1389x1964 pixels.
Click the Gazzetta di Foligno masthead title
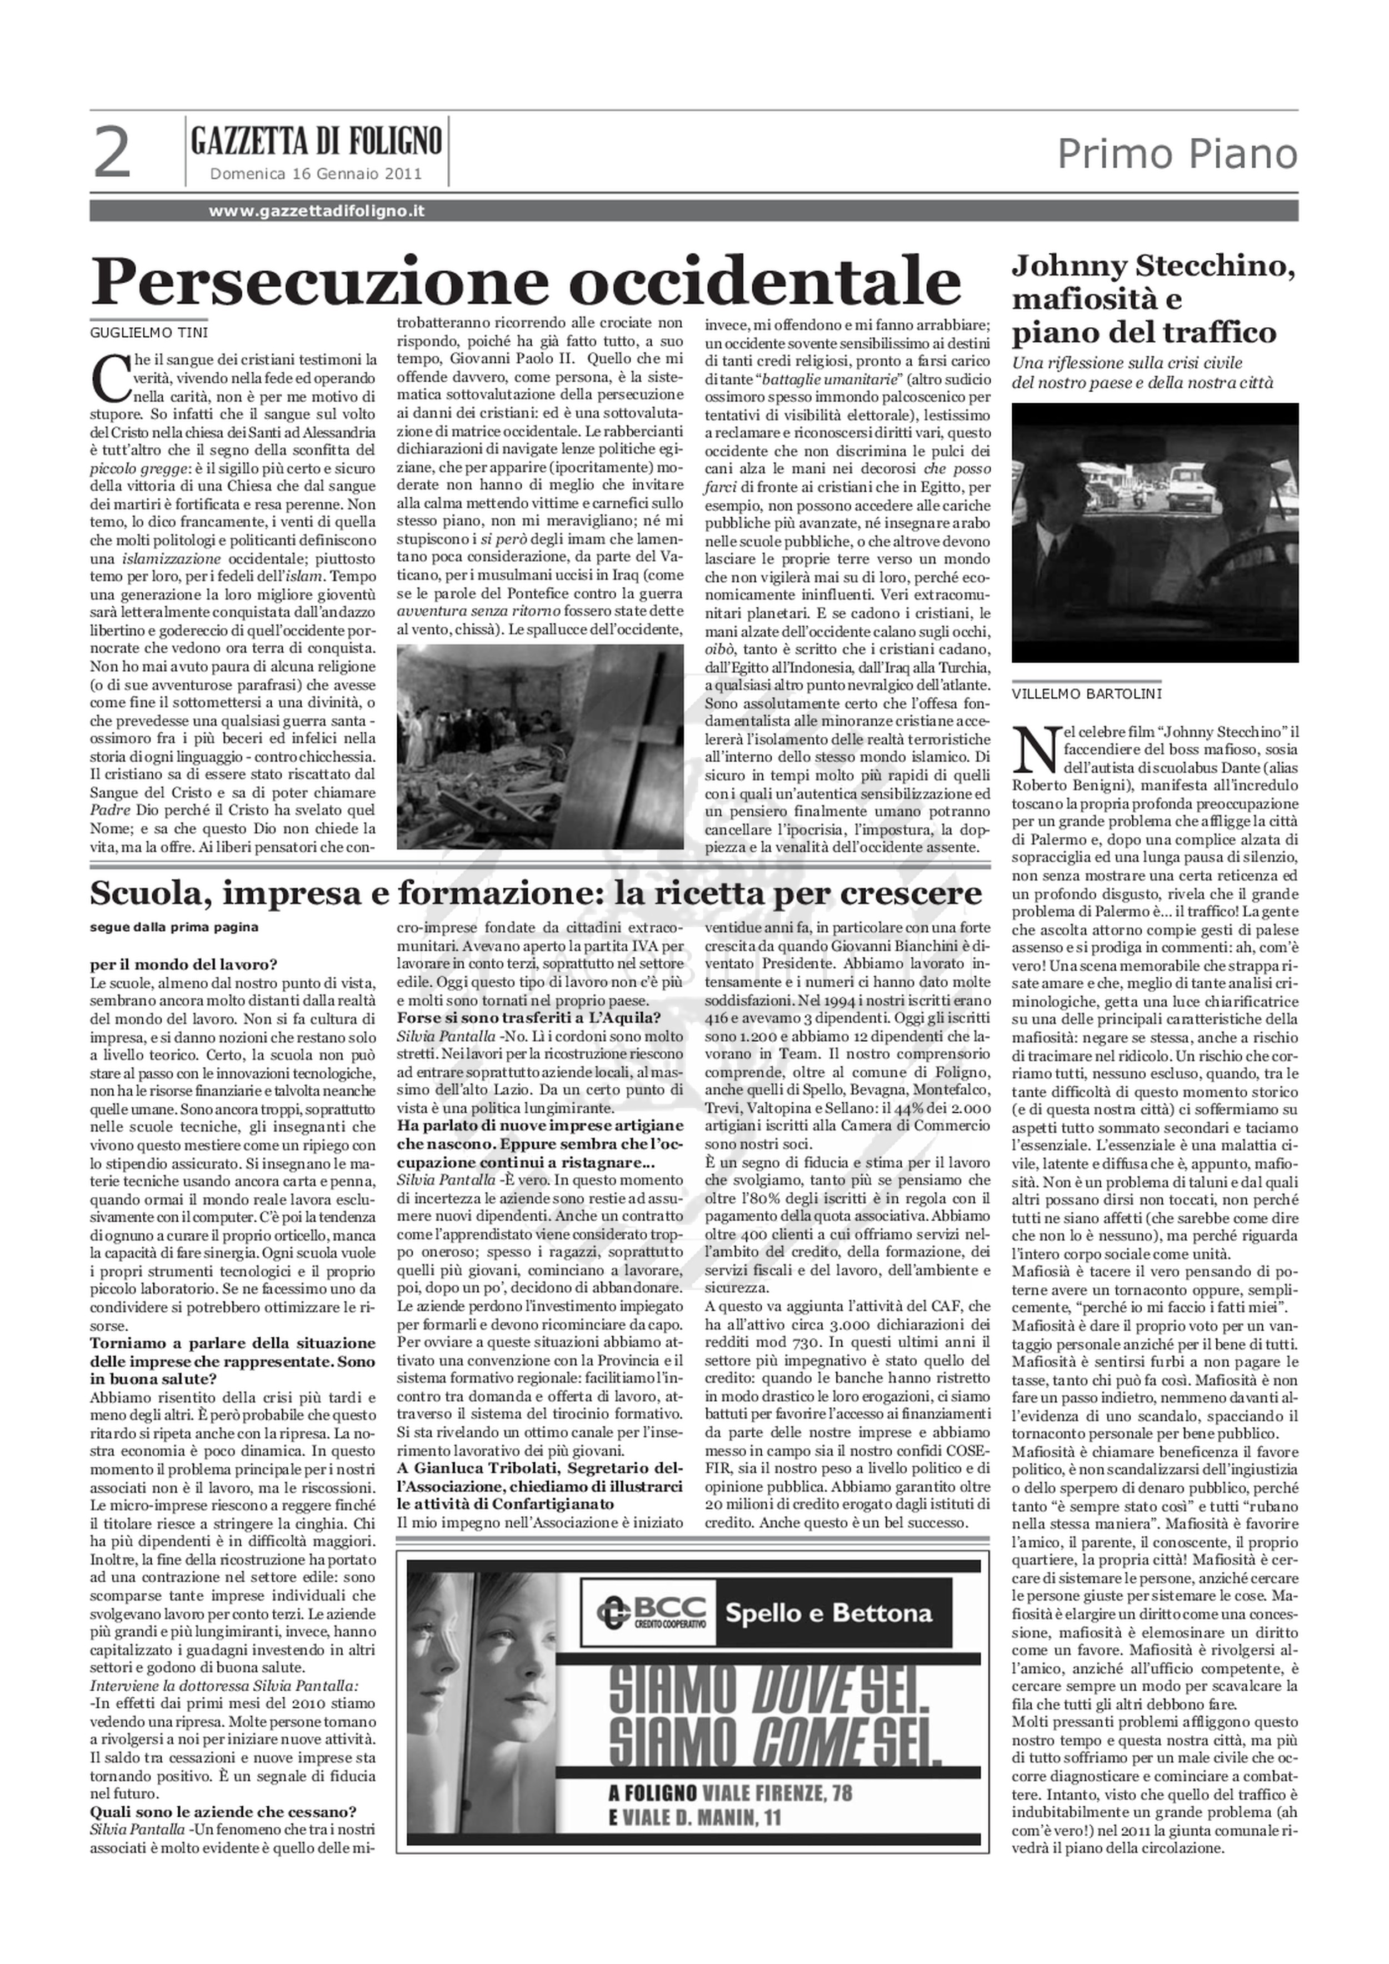(x=317, y=140)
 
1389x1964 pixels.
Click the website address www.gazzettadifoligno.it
(x=317, y=211)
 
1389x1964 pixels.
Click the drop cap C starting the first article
(x=108, y=376)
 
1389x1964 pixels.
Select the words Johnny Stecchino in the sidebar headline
(x=1153, y=266)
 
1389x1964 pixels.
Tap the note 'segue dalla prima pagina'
(x=173, y=926)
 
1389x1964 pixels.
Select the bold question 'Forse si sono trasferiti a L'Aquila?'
(x=528, y=1017)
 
